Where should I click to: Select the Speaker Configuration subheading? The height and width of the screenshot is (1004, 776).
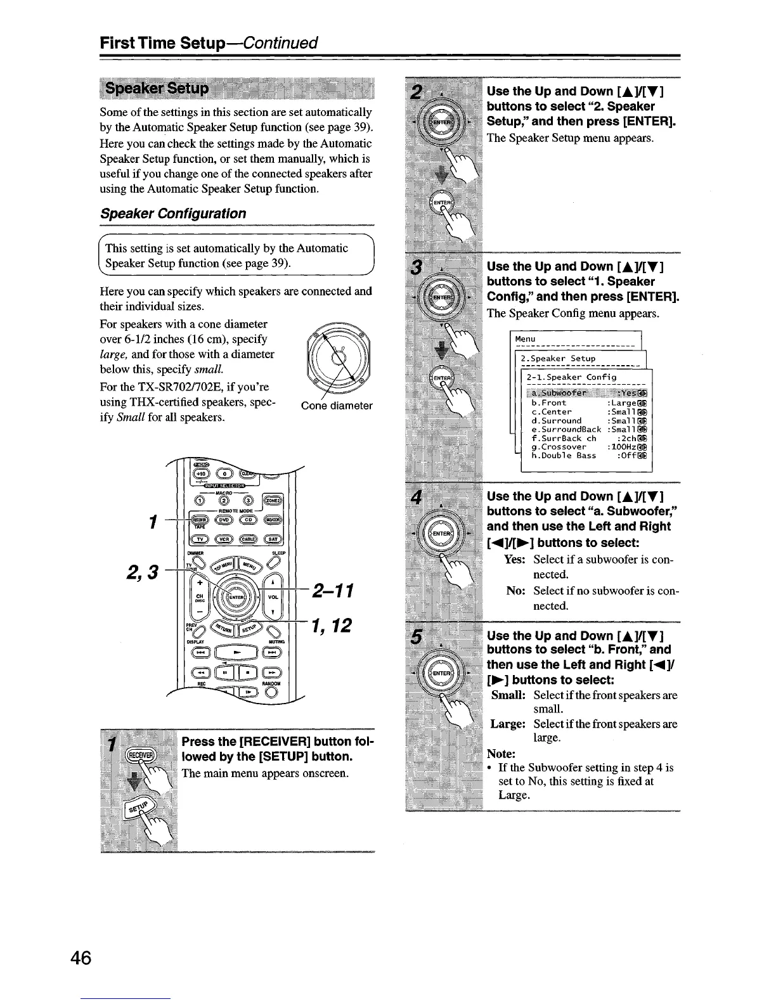coord(173,214)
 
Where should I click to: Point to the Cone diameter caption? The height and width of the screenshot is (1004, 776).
coord(337,406)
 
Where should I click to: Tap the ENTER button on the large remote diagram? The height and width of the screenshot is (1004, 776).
coord(236,598)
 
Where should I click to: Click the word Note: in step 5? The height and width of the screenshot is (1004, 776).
coord(500,754)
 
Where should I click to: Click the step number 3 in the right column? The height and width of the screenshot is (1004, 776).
coord(416,268)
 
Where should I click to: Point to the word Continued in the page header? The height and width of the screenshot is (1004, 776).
coord(280,43)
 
